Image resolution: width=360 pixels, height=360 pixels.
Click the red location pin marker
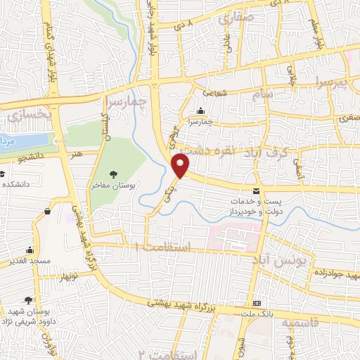[x=181, y=167]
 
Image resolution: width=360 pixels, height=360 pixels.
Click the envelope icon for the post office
[x=256, y=191]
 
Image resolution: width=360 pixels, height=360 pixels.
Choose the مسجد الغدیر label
[x=30, y=261]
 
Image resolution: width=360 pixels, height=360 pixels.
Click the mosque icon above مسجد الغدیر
[x=30, y=250]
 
